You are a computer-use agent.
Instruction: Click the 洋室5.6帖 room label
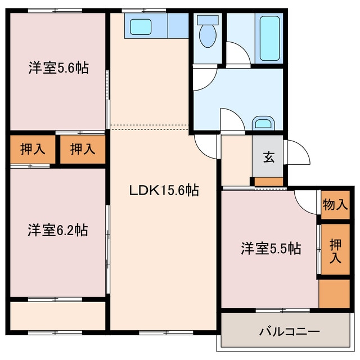(58, 67)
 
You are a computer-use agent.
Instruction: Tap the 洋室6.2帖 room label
(58, 230)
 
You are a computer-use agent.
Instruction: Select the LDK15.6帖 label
(164, 190)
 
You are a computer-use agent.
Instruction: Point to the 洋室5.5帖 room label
(271, 248)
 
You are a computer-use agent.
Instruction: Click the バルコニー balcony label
(290, 331)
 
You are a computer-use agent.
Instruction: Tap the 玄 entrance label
(269, 157)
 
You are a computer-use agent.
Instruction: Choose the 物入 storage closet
(335, 205)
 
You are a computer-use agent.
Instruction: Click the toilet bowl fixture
(208, 31)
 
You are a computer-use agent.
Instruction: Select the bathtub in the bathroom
(270, 38)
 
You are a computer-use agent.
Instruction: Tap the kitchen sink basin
(141, 27)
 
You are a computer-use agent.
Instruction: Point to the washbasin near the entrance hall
(263, 123)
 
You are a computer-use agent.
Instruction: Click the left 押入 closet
(33, 149)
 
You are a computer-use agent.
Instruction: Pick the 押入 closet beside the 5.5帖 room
(335, 249)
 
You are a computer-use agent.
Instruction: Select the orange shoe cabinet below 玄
(269, 181)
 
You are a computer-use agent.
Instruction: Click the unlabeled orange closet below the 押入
(334, 294)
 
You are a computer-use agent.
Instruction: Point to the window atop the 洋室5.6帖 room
(55, 11)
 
